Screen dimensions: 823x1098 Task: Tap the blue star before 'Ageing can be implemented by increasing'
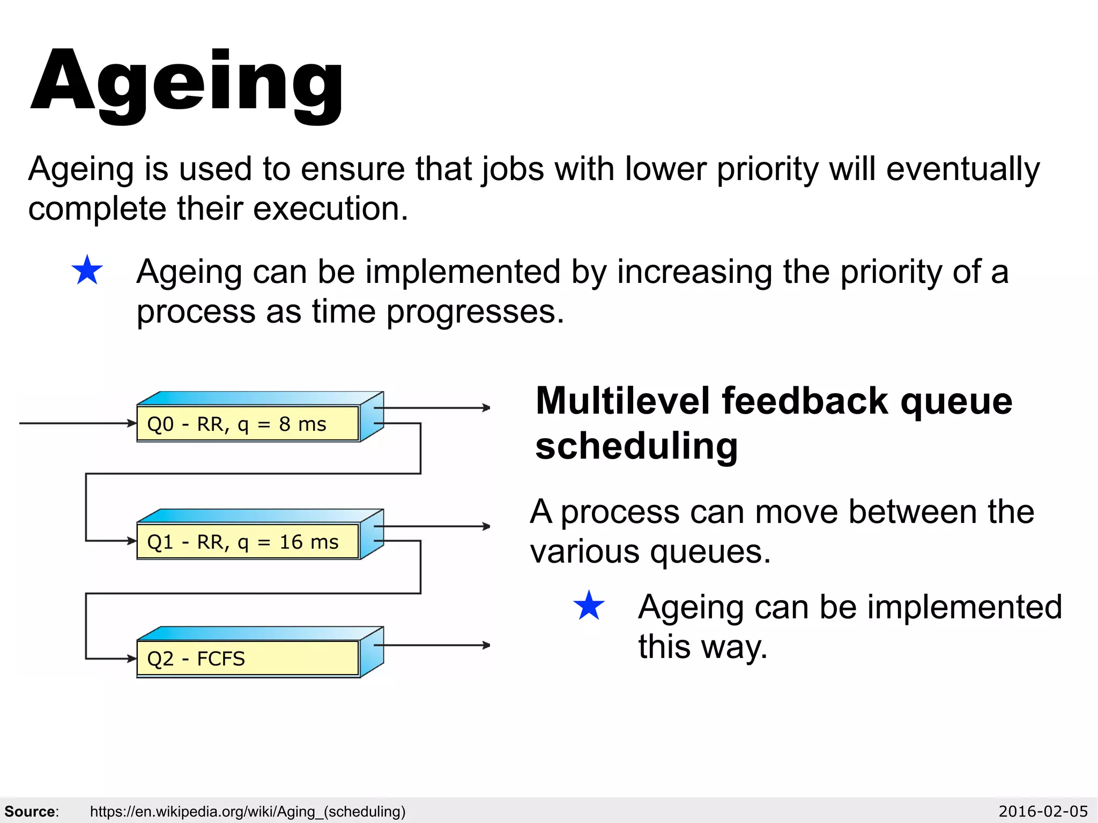[87, 271]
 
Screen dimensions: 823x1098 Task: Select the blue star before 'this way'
[589, 606]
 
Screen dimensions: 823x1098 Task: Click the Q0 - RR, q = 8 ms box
[248, 424]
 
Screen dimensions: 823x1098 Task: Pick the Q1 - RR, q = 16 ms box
[248, 542]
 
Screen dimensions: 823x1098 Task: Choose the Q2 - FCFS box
[248, 659]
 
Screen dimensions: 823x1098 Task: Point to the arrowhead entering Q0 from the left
[132, 423]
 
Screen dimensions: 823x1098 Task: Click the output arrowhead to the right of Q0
[486, 408]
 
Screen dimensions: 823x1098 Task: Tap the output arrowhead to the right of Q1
[486, 526]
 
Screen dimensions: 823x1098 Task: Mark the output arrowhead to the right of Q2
[486, 645]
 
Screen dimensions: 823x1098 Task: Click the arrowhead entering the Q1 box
[132, 541]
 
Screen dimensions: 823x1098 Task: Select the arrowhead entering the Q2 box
[132, 659]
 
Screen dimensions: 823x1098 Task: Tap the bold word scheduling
[636, 446]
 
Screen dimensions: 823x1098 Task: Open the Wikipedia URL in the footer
[248, 812]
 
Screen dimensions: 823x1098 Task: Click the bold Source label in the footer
[31, 812]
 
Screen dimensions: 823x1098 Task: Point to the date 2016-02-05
[1043, 812]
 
